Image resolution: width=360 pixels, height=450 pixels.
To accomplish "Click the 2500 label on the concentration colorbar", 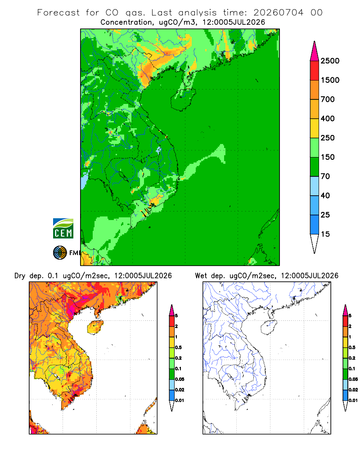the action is [x=330, y=61].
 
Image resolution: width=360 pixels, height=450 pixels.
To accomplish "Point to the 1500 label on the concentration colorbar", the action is [x=330, y=80].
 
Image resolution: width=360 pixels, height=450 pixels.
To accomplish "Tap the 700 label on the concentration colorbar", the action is [x=328, y=99].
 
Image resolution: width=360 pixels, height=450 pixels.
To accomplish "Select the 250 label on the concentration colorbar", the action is [x=328, y=138].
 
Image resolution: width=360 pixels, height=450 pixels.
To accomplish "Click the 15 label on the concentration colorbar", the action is [x=325, y=234].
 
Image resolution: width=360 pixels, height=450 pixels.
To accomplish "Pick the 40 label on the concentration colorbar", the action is [x=325, y=195].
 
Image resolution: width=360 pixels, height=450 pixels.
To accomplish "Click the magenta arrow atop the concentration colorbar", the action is [x=315, y=51].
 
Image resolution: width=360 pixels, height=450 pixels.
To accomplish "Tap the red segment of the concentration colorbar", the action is [x=315, y=71].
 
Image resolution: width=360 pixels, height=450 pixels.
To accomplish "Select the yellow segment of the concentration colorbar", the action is [x=315, y=128].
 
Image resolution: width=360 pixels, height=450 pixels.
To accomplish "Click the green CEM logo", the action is [x=63, y=229].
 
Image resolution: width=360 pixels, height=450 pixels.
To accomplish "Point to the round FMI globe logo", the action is [x=60, y=252].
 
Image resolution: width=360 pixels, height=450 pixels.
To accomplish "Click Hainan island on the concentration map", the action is [x=183, y=99].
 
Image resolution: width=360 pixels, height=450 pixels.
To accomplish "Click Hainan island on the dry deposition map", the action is [x=95, y=327].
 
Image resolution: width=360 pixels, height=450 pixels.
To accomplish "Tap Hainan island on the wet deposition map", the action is [x=269, y=327].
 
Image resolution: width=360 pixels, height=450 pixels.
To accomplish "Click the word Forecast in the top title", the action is [x=58, y=13].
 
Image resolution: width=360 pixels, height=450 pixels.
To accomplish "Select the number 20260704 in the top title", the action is [x=278, y=13].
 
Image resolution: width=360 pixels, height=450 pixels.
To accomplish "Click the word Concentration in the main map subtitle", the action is [x=126, y=22].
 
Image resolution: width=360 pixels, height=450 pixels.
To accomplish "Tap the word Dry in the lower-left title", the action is [x=20, y=276].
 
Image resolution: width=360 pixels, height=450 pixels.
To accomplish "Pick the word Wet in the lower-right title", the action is [x=201, y=276].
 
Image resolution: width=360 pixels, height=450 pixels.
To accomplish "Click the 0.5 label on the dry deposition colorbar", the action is [x=178, y=347].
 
